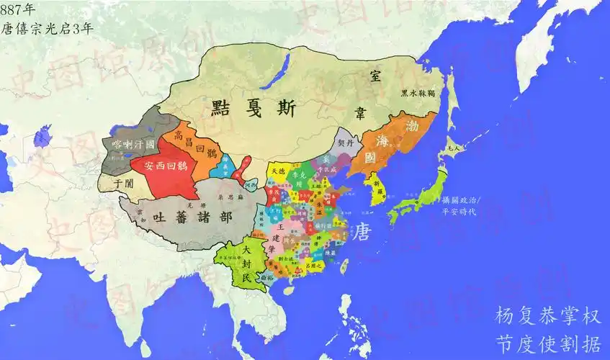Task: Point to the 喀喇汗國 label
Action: [130, 145]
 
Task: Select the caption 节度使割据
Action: [547, 342]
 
